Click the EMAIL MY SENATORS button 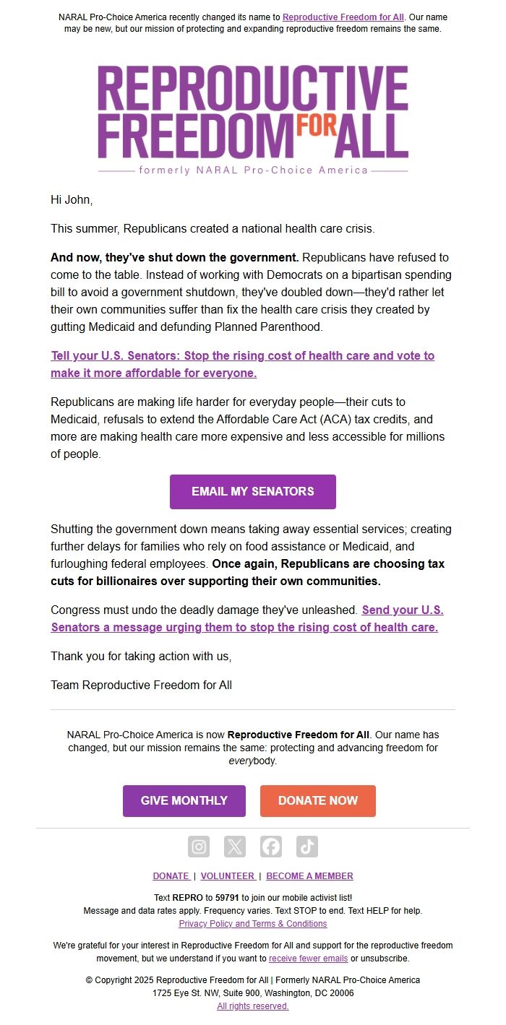(x=252, y=491)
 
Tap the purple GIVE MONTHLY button (x=184, y=800)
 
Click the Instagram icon (x=199, y=847)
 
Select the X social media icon (x=235, y=847)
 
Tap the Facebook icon (x=271, y=847)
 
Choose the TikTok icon (x=307, y=847)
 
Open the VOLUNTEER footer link (x=228, y=876)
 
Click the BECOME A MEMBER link (x=309, y=876)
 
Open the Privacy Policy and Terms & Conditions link (x=252, y=924)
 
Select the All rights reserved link (x=252, y=1006)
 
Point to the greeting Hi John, (x=72, y=199)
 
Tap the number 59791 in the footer (x=227, y=898)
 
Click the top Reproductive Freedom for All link (x=343, y=17)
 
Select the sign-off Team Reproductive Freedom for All (x=141, y=685)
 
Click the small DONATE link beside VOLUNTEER (x=171, y=876)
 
